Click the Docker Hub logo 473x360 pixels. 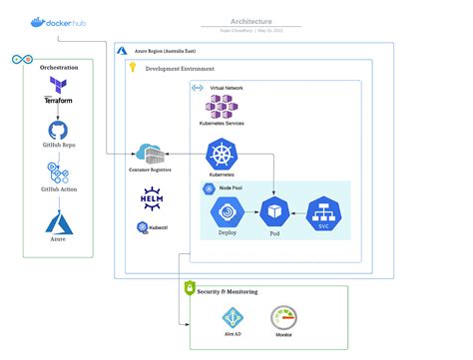pos(58,21)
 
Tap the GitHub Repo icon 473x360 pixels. pos(58,130)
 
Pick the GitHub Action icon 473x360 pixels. pos(58,174)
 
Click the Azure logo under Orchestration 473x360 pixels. pos(58,220)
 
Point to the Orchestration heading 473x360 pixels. pos(59,68)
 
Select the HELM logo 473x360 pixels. pos(151,197)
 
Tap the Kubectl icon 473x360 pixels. pos(143,227)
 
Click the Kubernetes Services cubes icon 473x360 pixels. pos(223,106)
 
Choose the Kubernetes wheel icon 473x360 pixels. pos(222,155)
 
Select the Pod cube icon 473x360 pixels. pos(273,212)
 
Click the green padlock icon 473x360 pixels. pos(190,288)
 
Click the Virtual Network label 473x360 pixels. pos(227,88)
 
